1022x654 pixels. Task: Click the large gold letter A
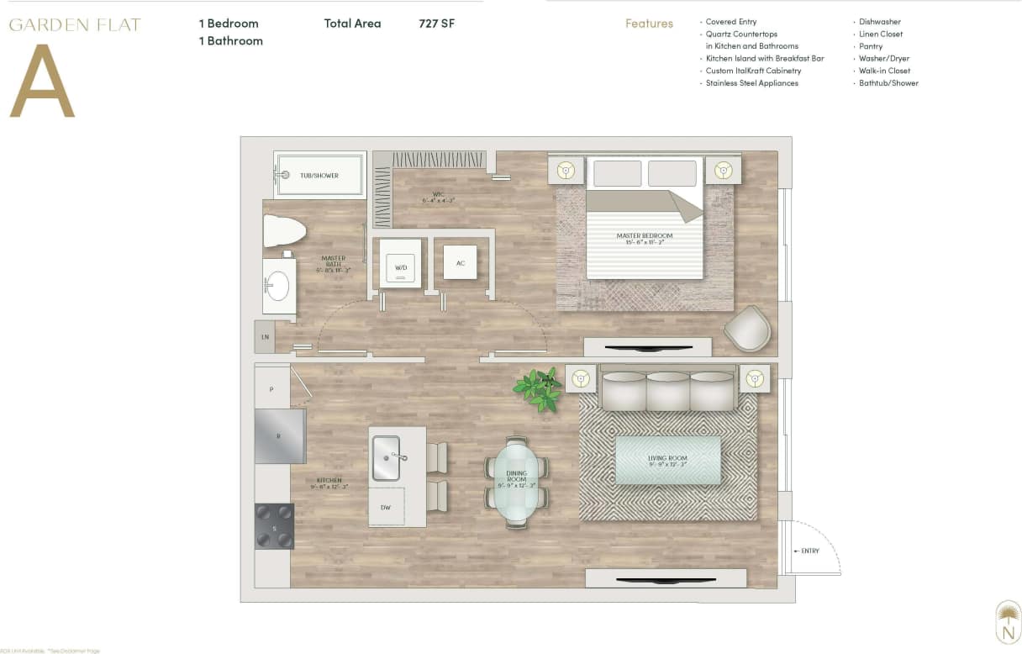tap(42, 82)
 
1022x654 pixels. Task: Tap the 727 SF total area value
tap(436, 24)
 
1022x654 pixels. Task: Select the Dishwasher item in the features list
tap(880, 22)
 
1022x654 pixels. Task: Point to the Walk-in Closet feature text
tap(884, 71)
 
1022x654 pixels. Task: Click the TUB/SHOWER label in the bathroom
tap(319, 176)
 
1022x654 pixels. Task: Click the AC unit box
tap(460, 262)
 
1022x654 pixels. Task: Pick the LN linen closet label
tap(265, 337)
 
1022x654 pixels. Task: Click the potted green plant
tap(540, 388)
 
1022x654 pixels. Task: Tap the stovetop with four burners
tap(274, 526)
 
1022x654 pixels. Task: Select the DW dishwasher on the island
tap(386, 507)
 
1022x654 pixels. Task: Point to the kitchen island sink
tap(387, 457)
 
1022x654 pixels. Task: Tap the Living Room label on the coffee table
tap(667, 460)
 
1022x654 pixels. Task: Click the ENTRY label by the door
tap(809, 551)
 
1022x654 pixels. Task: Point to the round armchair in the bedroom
tap(747, 329)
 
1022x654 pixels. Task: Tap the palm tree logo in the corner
tap(1007, 623)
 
